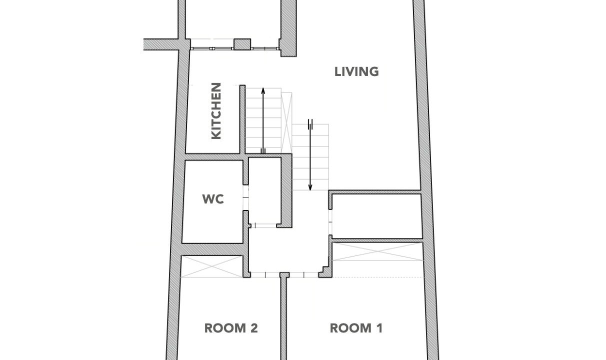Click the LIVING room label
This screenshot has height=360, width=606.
coord(356,71)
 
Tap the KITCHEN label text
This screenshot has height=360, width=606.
coord(216,111)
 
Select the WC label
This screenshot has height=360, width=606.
coord(213,199)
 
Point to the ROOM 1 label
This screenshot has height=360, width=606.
coord(356,328)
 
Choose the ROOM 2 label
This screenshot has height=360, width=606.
coord(231,328)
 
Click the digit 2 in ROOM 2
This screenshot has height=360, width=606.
coord(254,328)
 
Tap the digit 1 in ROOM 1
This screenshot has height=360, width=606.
coord(379,328)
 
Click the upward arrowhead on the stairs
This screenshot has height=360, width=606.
coord(263,90)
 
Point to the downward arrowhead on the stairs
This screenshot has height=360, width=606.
coord(310,187)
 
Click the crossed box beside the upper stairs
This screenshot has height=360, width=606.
coord(286,123)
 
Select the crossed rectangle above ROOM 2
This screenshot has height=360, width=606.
coord(212,266)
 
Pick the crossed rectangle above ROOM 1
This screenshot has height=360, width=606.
coord(377,251)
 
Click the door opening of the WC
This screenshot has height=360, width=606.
coord(245,197)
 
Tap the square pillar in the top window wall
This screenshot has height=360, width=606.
coord(242,44)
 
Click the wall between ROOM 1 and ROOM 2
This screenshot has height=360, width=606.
coord(283,316)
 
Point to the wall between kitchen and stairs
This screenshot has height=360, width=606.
coord(242,119)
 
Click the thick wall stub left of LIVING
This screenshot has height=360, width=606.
coord(288,28)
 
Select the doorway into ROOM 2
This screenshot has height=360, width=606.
coord(265,275)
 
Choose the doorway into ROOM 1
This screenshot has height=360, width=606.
coord(304,275)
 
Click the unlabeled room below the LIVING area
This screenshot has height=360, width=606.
coord(377,216)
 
